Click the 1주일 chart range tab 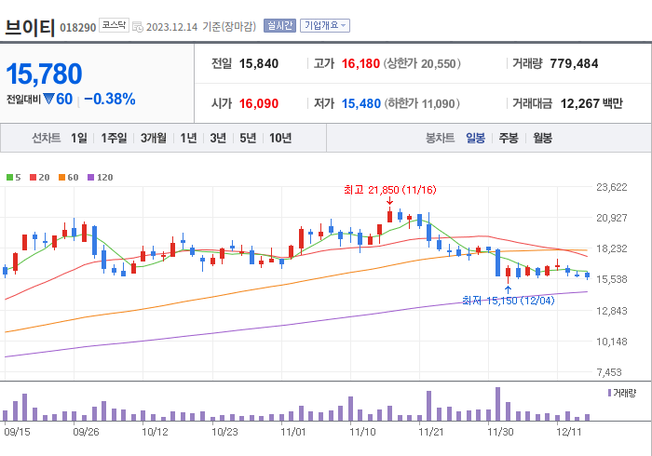114,138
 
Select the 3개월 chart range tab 154,138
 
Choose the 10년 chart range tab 279,138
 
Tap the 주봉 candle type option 508,138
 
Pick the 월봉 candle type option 541,138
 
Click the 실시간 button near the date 279,26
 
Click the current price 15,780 45,74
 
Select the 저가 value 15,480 360,103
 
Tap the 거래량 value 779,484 580,63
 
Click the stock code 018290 77,27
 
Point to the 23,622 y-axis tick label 611,187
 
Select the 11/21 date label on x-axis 430,432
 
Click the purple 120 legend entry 100,177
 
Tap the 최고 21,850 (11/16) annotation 389,190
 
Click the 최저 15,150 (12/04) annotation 508,301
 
